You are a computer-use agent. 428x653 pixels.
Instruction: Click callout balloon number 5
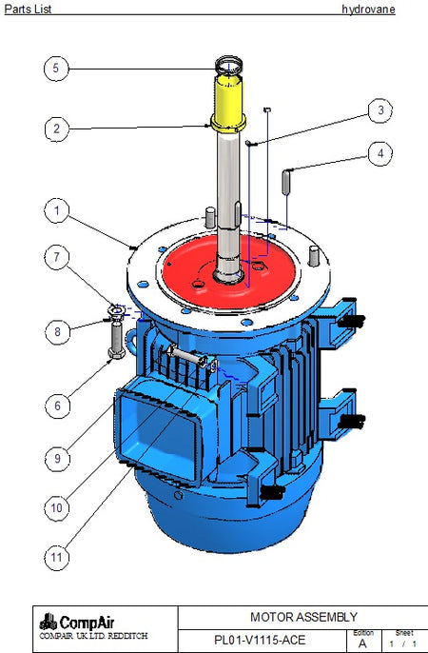pyautogui.click(x=56, y=69)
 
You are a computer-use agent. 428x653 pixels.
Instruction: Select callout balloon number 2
pyautogui.click(x=57, y=129)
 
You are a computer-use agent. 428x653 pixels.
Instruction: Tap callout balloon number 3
pyautogui.click(x=380, y=110)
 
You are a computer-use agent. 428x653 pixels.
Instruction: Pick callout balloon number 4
pyautogui.click(x=380, y=153)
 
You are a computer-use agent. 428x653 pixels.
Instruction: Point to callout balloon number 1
pyautogui.click(x=57, y=210)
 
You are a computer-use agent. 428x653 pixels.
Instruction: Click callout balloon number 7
pyautogui.click(x=57, y=257)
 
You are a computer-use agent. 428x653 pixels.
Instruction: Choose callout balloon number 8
pyautogui.click(x=57, y=332)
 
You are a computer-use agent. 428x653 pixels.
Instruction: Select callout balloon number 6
pyautogui.click(x=57, y=406)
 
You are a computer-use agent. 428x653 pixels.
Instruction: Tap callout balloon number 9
pyautogui.click(x=57, y=459)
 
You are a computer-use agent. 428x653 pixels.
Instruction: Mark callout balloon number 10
pyautogui.click(x=56, y=508)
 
